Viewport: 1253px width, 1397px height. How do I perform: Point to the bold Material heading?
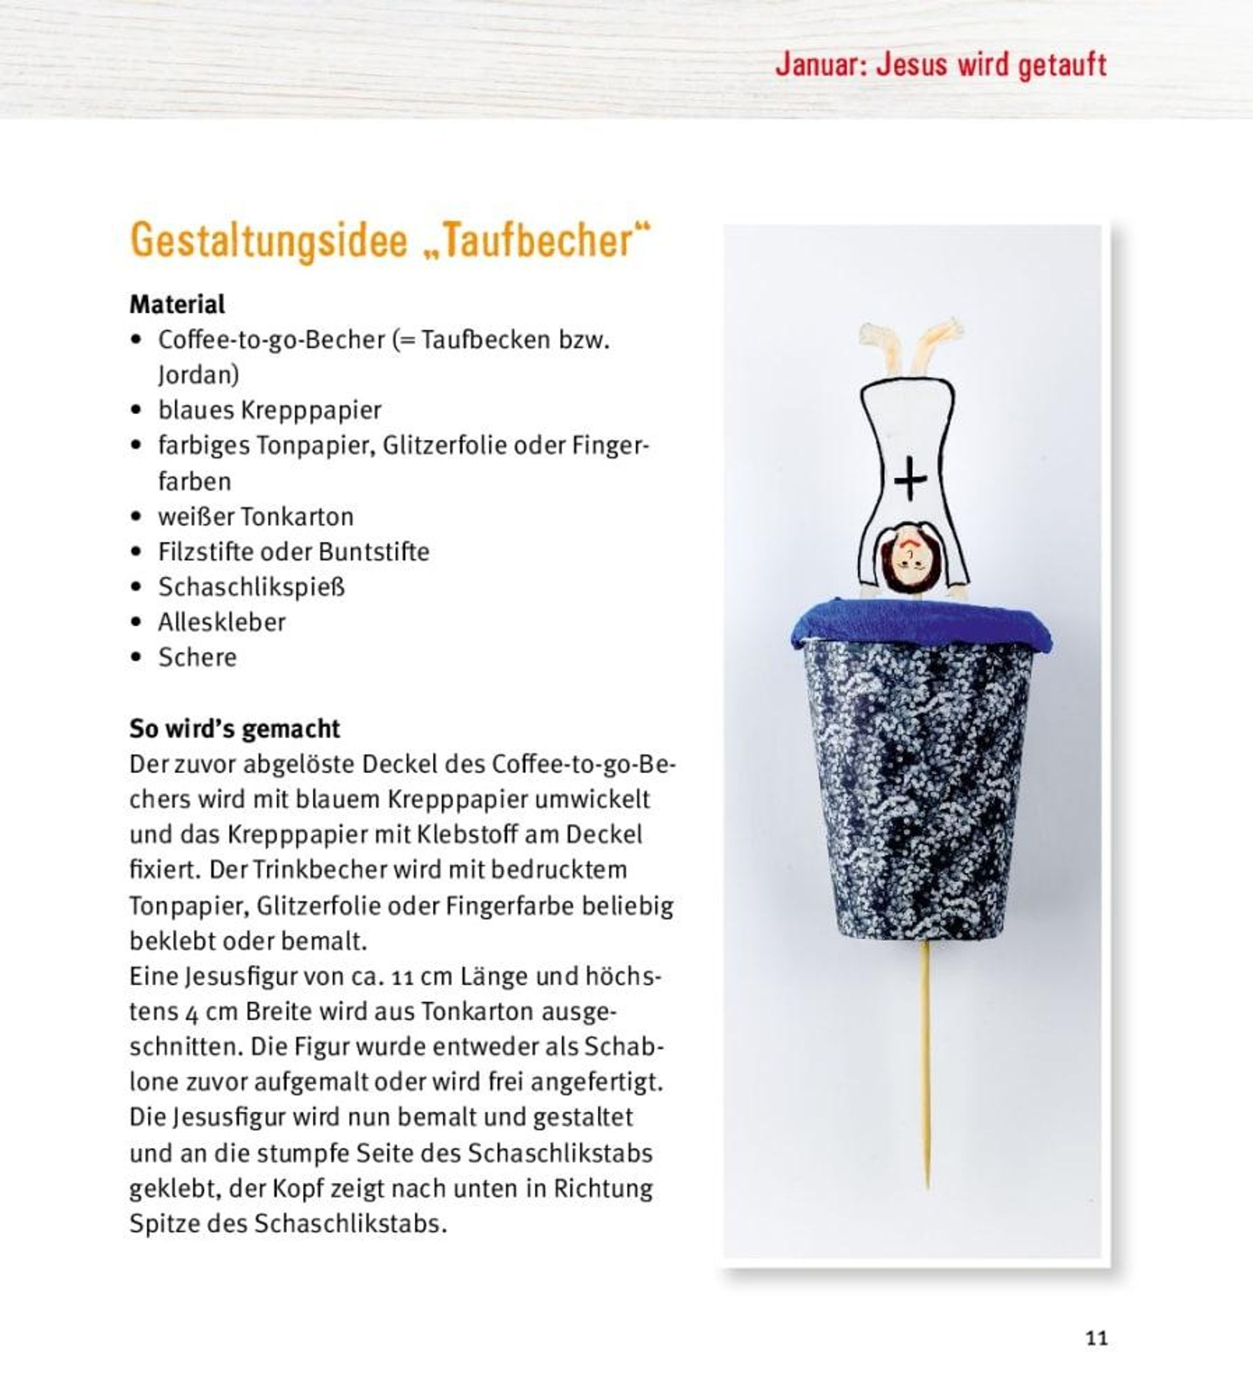click(x=177, y=304)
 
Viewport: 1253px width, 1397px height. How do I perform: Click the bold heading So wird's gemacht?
click(x=234, y=728)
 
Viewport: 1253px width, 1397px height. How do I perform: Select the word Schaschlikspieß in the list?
click(x=251, y=587)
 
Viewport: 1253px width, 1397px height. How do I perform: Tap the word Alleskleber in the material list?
click(x=222, y=622)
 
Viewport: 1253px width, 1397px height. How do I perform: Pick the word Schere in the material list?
click(x=197, y=658)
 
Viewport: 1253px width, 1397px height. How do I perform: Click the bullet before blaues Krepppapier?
click(x=136, y=410)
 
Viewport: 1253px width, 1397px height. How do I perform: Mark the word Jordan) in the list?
click(x=198, y=375)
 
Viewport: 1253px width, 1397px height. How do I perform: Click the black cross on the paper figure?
click(x=910, y=478)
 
